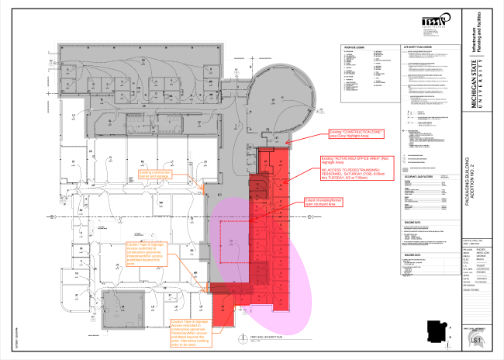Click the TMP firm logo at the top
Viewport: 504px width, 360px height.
(x=435, y=23)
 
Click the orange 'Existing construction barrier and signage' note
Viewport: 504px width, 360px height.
(x=157, y=173)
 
